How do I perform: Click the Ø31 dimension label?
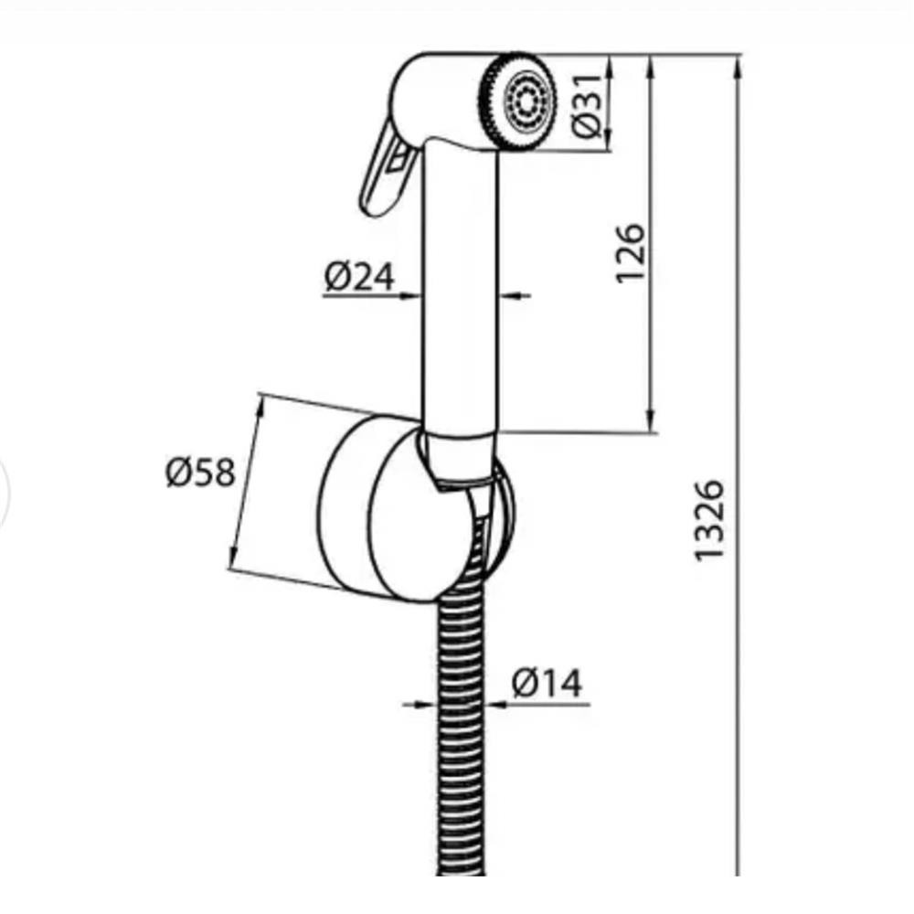coord(587,106)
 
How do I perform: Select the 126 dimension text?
coord(632,253)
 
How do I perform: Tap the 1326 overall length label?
coord(709,521)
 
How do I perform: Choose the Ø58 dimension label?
coord(200,472)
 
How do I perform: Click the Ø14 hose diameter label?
coord(547,683)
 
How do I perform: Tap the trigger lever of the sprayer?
coord(385,169)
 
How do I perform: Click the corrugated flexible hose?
coord(461,699)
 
